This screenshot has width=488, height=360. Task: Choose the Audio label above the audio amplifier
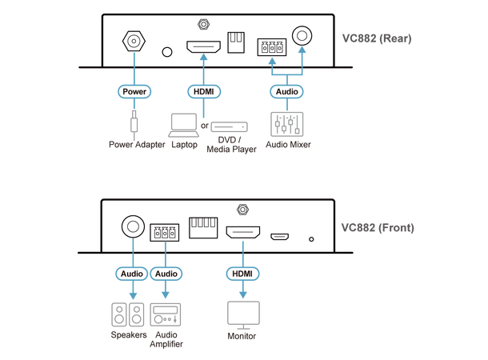coord(166,274)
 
